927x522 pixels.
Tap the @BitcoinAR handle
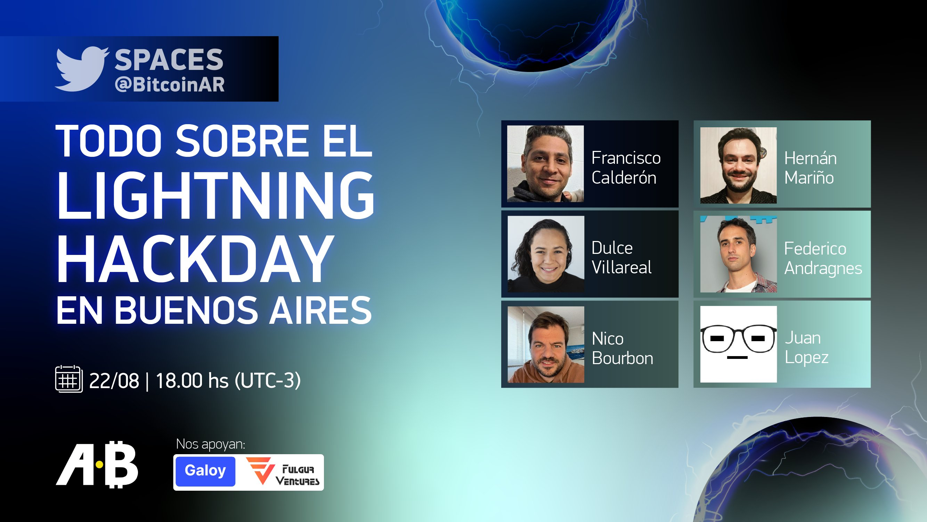(170, 85)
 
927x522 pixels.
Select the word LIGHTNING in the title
(216, 196)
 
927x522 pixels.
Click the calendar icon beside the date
(69, 379)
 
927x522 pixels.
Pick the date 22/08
(114, 380)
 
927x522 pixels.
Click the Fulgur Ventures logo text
(297, 475)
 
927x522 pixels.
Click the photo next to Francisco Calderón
(545, 163)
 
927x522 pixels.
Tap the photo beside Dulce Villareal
(546, 254)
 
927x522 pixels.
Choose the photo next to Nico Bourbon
(546, 345)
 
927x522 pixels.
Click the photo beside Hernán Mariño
(738, 165)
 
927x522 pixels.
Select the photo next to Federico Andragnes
(738, 254)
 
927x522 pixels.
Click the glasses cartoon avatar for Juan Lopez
(738, 344)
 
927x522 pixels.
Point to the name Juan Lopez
(807, 348)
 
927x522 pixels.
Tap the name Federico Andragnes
(823, 258)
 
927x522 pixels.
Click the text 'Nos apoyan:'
(211, 444)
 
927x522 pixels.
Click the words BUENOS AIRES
(243, 310)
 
